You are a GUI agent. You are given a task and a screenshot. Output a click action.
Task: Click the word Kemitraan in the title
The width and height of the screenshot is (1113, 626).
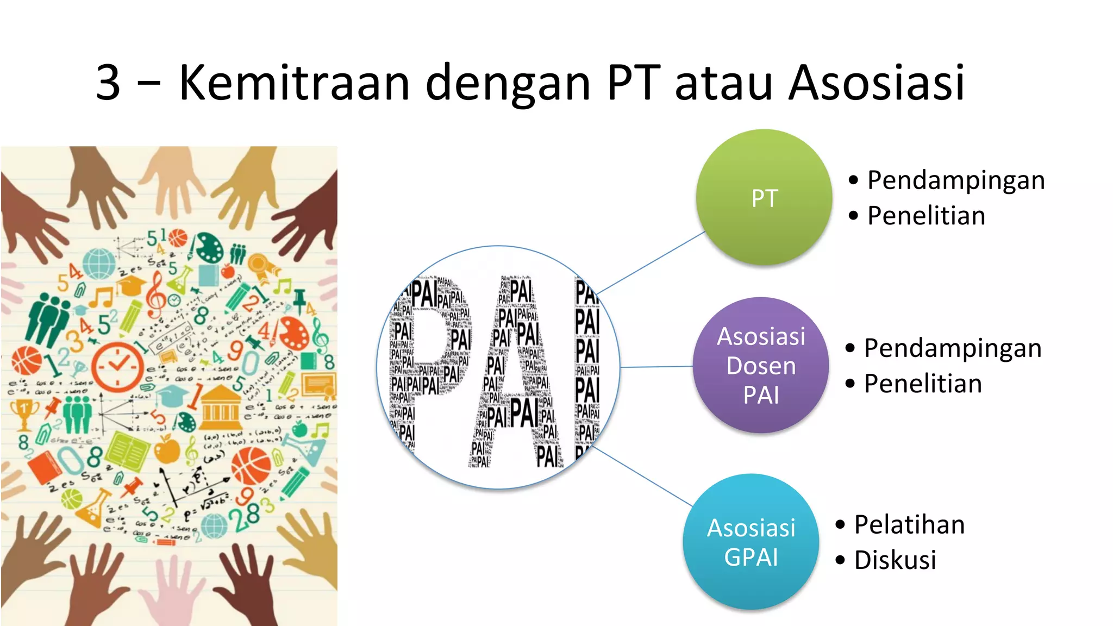coord(293,83)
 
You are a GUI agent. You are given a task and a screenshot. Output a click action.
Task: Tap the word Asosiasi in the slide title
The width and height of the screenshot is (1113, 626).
coord(876,83)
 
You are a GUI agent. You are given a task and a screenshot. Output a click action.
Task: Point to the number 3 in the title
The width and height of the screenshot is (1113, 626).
coord(108,83)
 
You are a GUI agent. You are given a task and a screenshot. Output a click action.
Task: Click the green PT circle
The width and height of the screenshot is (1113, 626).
coord(764,197)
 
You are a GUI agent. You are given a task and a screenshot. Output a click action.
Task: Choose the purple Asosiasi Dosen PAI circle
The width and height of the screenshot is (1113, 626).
coord(761,365)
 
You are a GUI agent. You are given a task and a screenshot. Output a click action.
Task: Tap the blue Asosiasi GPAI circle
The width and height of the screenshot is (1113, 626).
coord(751,542)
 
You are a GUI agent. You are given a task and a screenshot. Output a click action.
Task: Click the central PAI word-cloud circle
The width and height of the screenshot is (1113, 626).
coord(498,367)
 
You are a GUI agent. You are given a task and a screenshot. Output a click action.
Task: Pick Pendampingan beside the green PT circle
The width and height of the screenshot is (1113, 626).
coord(955,180)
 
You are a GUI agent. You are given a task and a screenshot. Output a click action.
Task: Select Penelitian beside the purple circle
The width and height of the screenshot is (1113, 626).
coord(923,384)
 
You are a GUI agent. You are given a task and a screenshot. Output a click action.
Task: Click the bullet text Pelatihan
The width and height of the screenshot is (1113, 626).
coord(909,525)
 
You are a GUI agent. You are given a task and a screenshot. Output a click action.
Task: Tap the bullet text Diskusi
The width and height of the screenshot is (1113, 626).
coord(895,560)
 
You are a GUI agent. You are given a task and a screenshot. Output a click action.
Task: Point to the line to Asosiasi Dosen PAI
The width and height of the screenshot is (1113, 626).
coord(656,367)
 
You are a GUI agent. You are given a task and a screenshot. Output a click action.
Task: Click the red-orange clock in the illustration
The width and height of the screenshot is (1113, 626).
coord(117,366)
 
